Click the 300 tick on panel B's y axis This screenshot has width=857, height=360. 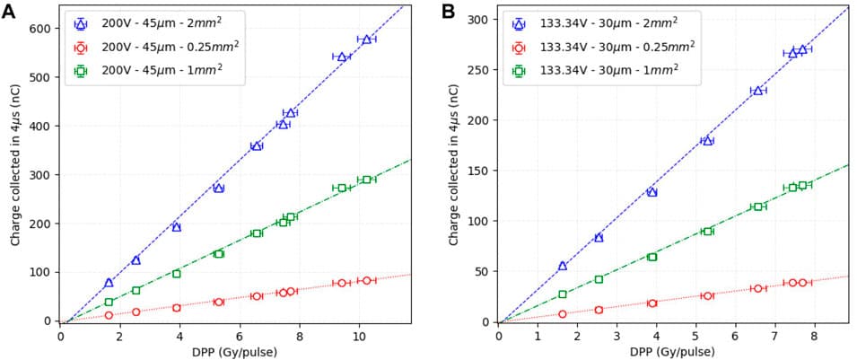click(x=479, y=19)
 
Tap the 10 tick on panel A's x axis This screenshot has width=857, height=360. click(x=359, y=337)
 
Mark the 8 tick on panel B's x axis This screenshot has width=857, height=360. click(x=813, y=337)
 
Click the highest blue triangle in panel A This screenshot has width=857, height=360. click(x=365, y=40)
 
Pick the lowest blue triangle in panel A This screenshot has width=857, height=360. click(x=109, y=283)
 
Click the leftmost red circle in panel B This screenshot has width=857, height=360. click(x=563, y=314)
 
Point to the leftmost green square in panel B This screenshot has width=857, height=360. click(x=563, y=294)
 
